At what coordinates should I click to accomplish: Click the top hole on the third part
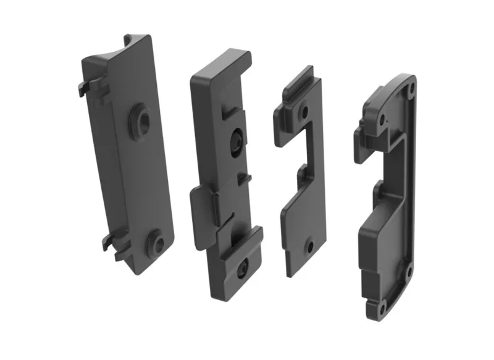[x=304, y=112]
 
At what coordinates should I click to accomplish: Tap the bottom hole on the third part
[x=311, y=246]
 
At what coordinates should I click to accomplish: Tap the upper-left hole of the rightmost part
[x=383, y=117]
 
